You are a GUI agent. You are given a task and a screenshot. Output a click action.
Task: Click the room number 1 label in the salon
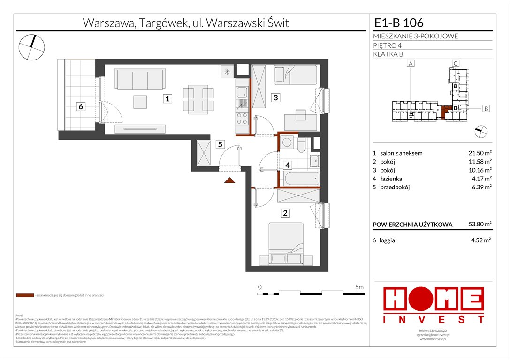[167, 98]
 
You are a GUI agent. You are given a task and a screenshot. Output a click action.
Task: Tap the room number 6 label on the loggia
[81, 107]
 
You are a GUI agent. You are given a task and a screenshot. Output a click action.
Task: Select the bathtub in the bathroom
[302, 178]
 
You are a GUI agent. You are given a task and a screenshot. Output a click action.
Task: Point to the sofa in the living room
[141, 79]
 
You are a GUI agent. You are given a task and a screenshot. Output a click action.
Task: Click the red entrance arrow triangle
[229, 180]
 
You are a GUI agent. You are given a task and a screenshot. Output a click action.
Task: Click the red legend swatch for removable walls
[24, 296]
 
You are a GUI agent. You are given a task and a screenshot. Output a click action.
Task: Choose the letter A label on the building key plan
[411, 63]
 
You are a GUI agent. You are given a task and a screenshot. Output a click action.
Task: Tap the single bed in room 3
[295, 75]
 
